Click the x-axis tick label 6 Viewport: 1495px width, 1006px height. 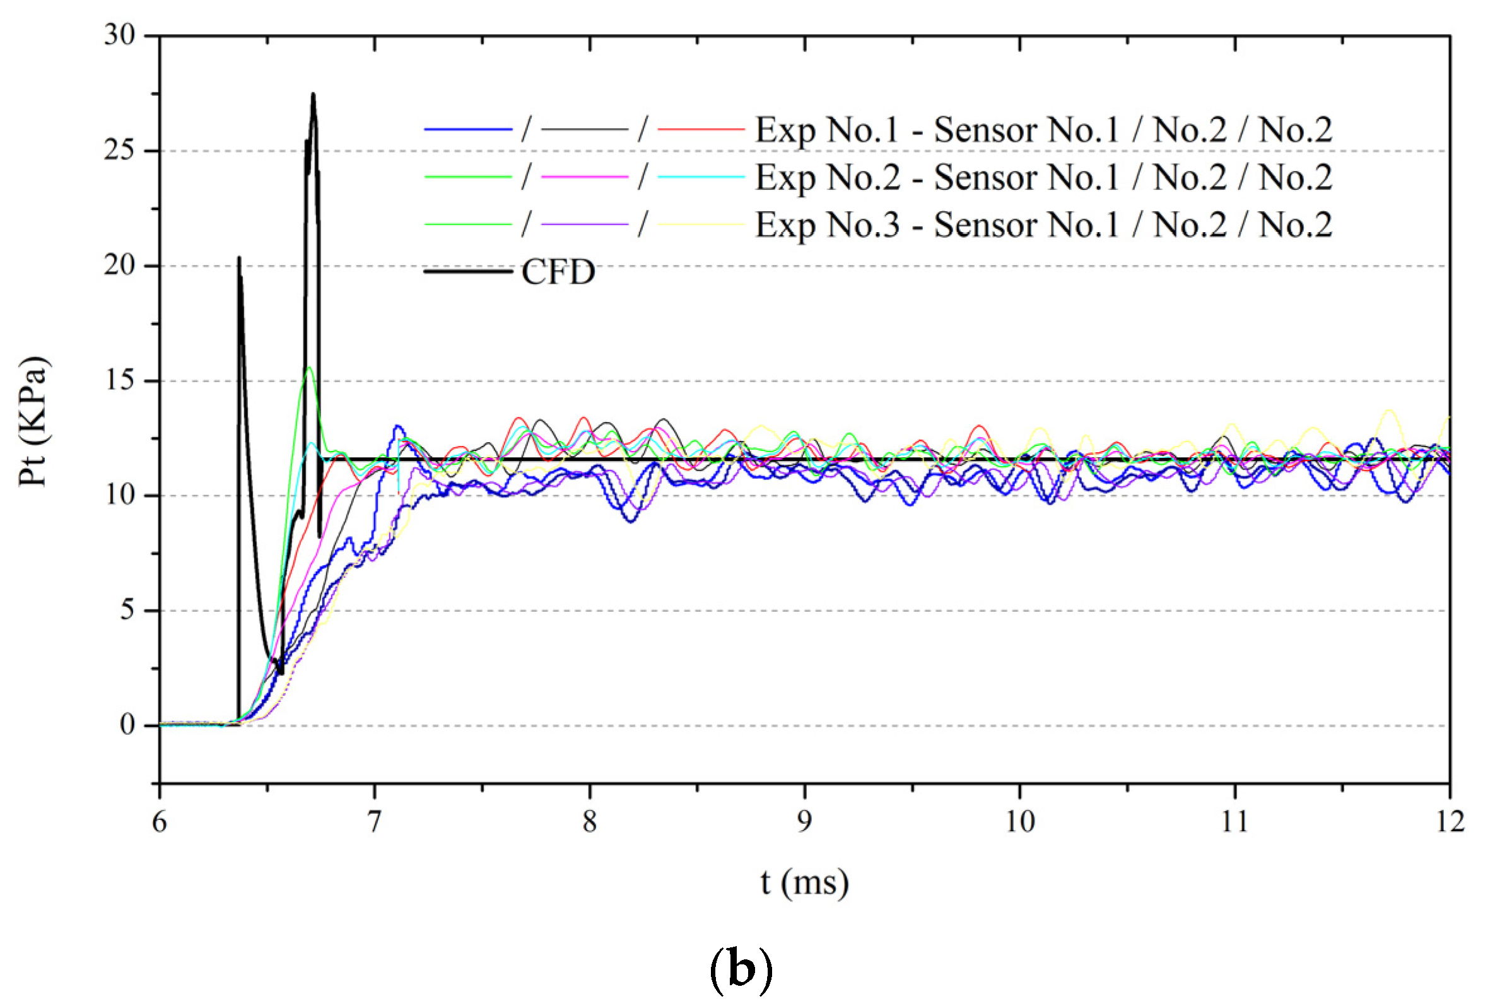pos(159,822)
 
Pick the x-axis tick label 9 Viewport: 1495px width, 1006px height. pos(804,822)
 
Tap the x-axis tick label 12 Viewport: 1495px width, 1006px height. pos(1450,822)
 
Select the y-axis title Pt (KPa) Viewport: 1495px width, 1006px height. pos(33,421)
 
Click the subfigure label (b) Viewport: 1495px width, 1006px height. pos(741,971)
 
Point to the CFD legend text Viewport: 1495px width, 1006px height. pos(558,272)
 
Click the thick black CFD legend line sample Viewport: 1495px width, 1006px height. pos(468,272)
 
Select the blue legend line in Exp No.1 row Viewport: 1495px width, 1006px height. pos(468,129)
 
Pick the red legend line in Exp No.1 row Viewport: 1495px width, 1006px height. pos(701,129)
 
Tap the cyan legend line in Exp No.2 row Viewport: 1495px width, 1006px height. pos(701,177)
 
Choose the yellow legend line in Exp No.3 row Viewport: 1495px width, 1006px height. pos(701,225)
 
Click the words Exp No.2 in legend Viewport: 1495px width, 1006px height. pos(828,177)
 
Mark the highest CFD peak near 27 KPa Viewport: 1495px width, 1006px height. pos(313,95)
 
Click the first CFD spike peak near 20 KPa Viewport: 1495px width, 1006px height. pos(239,258)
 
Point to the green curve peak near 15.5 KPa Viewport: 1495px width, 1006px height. pos(309,368)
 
